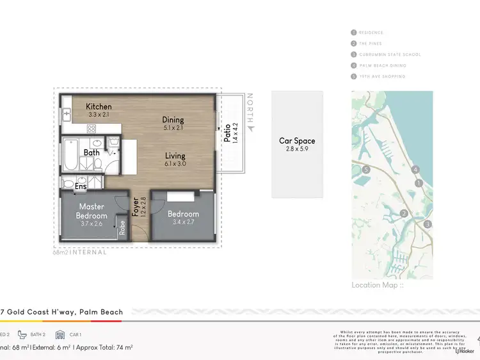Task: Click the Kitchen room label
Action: pos(99,106)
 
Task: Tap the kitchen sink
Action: pos(67,116)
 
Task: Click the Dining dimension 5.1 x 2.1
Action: pos(173,127)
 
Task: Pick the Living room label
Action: pos(175,156)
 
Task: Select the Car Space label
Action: pos(297,141)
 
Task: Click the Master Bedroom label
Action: pos(92,211)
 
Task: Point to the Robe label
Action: pos(122,229)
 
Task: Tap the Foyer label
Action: pos(135,206)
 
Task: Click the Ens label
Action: pos(81,186)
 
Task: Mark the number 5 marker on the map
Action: pos(366,170)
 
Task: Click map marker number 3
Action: pos(428,224)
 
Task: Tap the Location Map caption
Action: pos(378,285)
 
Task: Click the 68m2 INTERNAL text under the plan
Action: pos(79,252)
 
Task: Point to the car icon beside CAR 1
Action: pos(60,334)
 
